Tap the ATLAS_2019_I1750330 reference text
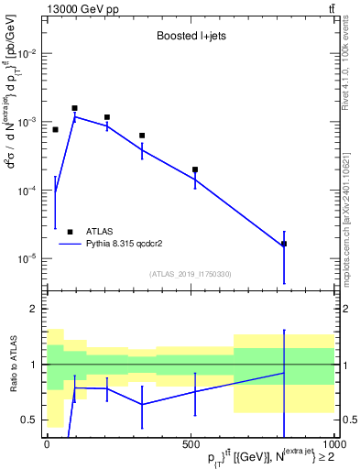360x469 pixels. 190,274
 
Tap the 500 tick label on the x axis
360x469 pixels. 191,444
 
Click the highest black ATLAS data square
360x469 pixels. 75,108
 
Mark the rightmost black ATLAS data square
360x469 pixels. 284,244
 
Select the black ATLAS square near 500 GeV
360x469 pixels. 195,169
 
